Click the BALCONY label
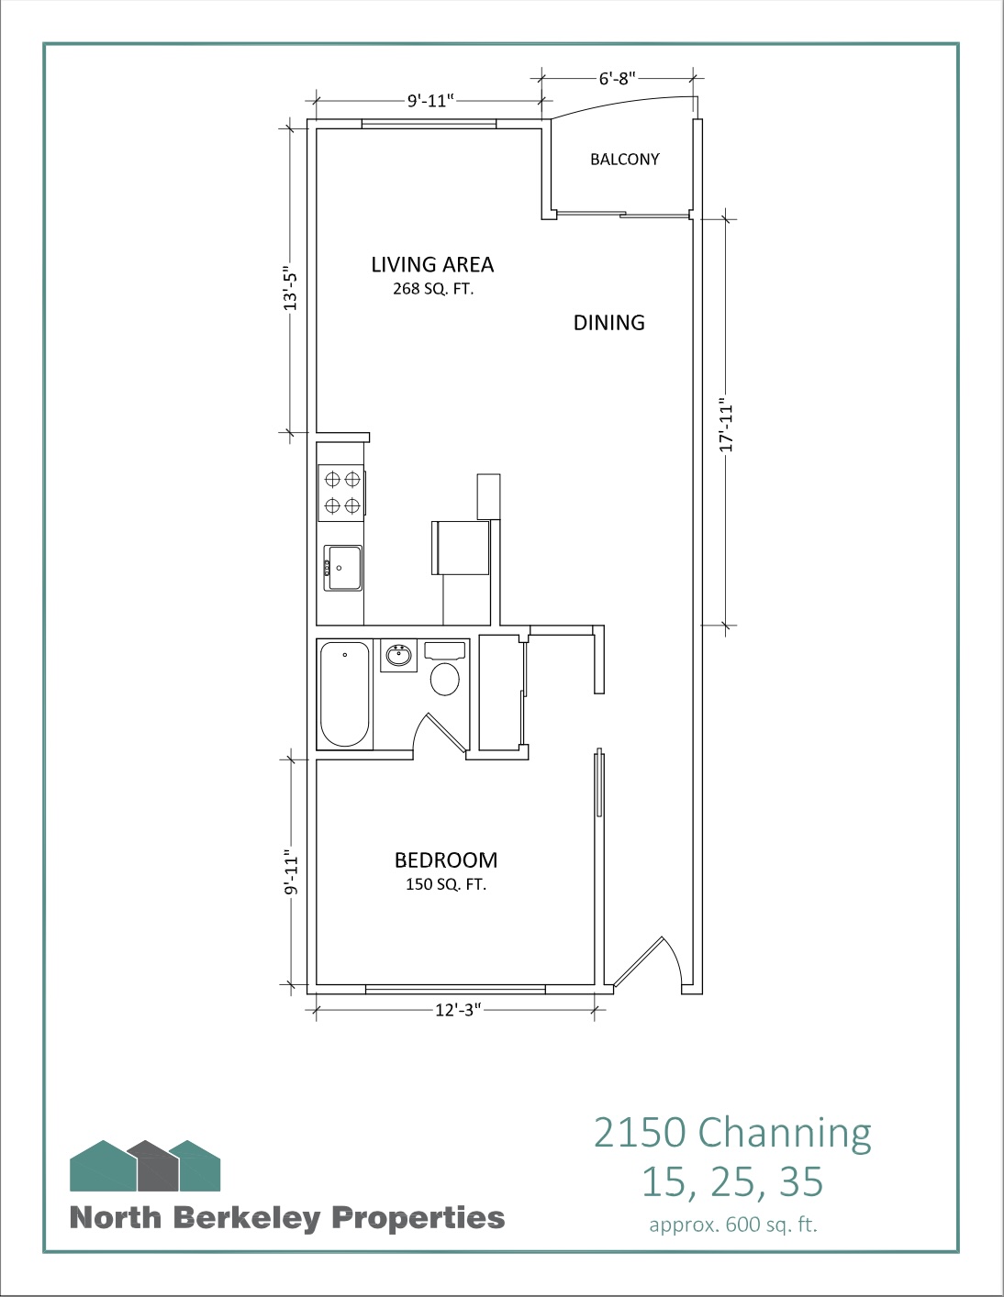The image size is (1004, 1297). point(624,160)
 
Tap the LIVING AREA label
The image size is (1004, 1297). point(432,264)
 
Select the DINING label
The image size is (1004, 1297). point(608,323)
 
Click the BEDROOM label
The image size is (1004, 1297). point(446,860)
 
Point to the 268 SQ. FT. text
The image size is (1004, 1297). point(433,290)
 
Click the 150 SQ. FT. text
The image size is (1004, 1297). point(446,884)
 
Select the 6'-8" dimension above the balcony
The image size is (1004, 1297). point(618,78)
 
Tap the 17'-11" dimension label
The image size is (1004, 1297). point(726,425)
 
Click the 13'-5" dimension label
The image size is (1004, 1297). point(290,288)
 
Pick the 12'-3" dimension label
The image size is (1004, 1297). point(458,1011)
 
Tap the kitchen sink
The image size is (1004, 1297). point(342,568)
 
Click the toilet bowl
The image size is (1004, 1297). point(445,679)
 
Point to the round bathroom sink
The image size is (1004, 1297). point(398,655)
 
